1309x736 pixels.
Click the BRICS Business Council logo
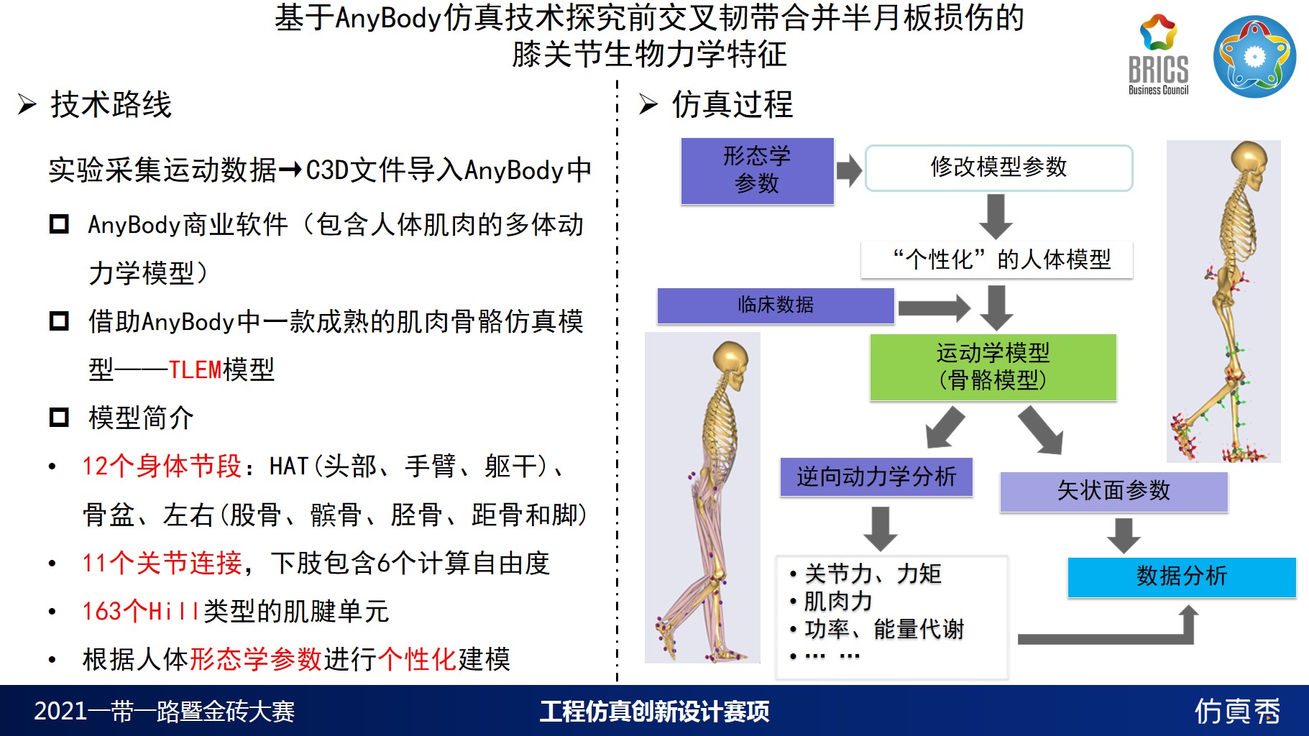pyautogui.click(x=1158, y=55)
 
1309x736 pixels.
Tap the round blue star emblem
pyautogui.click(x=1254, y=57)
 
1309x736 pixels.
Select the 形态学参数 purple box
pyautogui.click(x=757, y=171)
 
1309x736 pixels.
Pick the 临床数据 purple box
pyautogui.click(x=776, y=305)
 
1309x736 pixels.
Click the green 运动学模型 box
pyautogui.click(x=993, y=367)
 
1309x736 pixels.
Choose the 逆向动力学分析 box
pyautogui.click(x=876, y=477)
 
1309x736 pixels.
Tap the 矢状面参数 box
pyautogui.click(x=1113, y=492)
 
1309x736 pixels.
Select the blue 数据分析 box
pyautogui.click(x=1182, y=577)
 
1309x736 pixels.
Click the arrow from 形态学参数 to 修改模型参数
pyautogui.click(x=849, y=171)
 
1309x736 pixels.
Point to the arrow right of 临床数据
pyautogui.click(x=934, y=308)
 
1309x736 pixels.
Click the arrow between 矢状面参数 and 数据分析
pyautogui.click(x=1124, y=535)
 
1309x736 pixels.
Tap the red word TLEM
pyautogui.click(x=195, y=370)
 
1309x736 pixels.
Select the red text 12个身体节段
pyautogui.click(x=162, y=466)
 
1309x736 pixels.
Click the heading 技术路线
pyautogui.click(x=111, y=105)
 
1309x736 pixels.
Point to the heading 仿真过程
pyautogui.click(x=732, y=105)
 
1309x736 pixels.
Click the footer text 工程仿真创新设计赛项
pyautogui.click(x=654, y=712)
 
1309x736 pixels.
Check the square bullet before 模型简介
pyautogui.click(x=59, y=417)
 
